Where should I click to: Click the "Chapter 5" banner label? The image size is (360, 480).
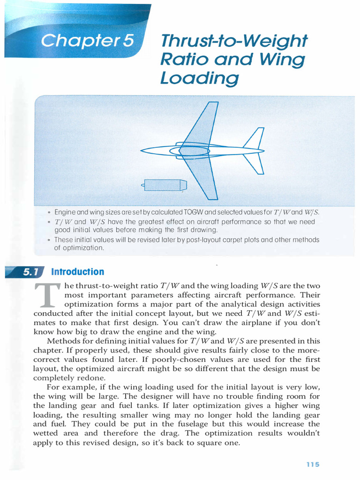pos(87,41)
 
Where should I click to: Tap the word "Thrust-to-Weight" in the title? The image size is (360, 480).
pos(233,42)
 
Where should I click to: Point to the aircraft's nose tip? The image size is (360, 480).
pos(142,150)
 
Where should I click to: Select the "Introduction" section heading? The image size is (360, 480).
pos(77,272)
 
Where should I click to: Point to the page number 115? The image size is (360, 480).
pos(313,464)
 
